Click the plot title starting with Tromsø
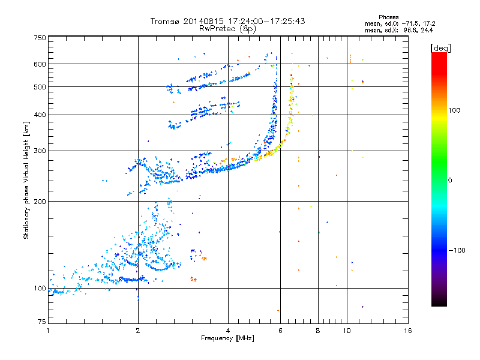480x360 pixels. [228, 21]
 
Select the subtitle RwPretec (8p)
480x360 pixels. [228, 28]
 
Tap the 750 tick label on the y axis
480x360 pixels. [40, 37]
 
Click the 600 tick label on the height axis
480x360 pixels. [40, 64]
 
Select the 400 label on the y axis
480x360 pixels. [40, 115]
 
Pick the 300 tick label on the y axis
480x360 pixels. [40, 151]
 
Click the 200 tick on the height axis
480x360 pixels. [40, 202]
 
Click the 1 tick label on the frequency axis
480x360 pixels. [48, 331]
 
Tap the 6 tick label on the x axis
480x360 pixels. [280, 331]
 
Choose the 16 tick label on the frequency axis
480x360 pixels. [407, 331]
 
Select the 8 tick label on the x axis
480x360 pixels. [318, 331]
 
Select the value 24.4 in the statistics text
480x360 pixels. [427, 29]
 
